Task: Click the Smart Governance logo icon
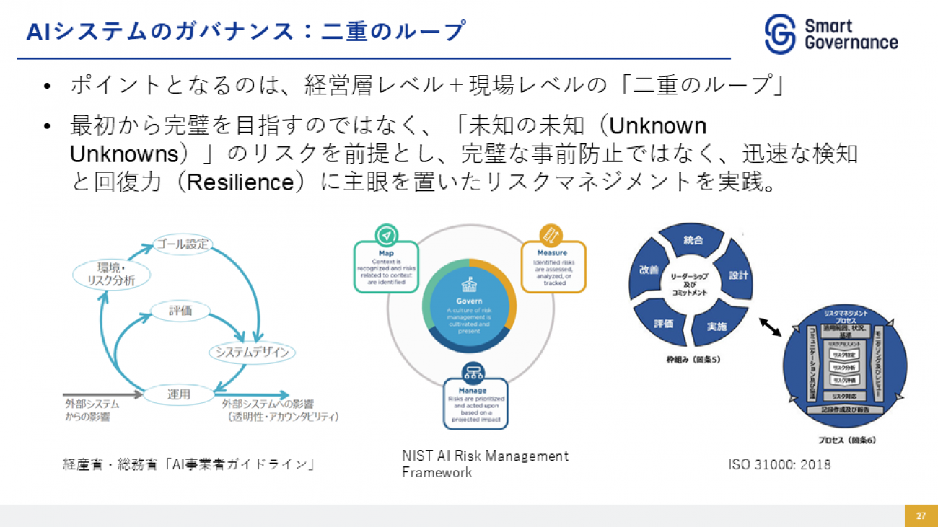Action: coord(781,34)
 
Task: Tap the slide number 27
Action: coord(921,515)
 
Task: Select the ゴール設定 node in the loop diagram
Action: coord(183,244)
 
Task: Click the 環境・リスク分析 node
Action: coord(105,275)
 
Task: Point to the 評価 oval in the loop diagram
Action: coord(180,311)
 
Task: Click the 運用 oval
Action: coord(178,394)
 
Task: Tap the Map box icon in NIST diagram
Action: coord(386,235)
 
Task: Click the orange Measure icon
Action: coord(552,235)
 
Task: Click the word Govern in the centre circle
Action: coord(469,301)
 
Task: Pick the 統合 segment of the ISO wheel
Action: coord(693,240)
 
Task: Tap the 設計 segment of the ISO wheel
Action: coord(738,275)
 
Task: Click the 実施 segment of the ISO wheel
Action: coord(716,326)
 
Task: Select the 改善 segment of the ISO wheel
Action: coord(649,270)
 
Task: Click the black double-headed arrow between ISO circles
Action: coord(771,327)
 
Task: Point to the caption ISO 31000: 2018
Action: coord(779,465)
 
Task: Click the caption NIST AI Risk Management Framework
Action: coord(485,464)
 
